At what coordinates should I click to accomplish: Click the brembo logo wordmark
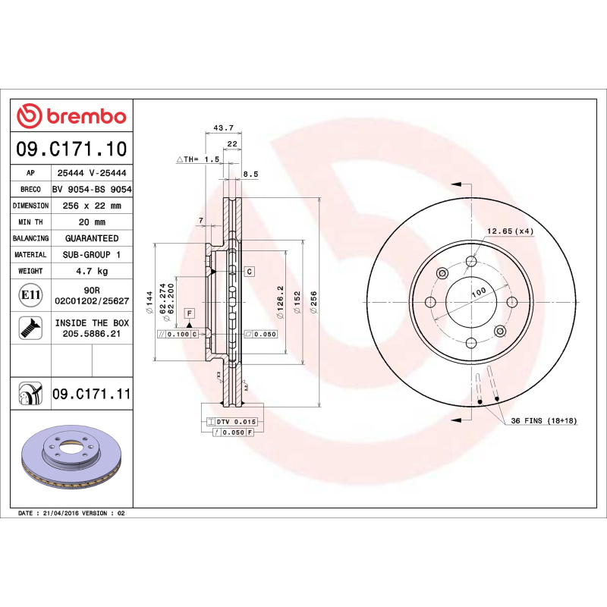(86, 116)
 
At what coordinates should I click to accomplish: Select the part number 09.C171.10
(71, 149)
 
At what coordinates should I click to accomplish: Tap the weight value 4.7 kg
(92, 271)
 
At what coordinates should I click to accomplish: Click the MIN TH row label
(30, 222)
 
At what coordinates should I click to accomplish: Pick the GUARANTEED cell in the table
(92, 238)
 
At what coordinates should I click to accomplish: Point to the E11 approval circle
(30, 295)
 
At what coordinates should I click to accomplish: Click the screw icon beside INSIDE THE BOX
(30, 328)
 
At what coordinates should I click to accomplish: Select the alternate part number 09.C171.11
(92, 394)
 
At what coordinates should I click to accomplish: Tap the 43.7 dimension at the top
(223, 127)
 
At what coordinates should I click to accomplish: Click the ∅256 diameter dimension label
(313, 302)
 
